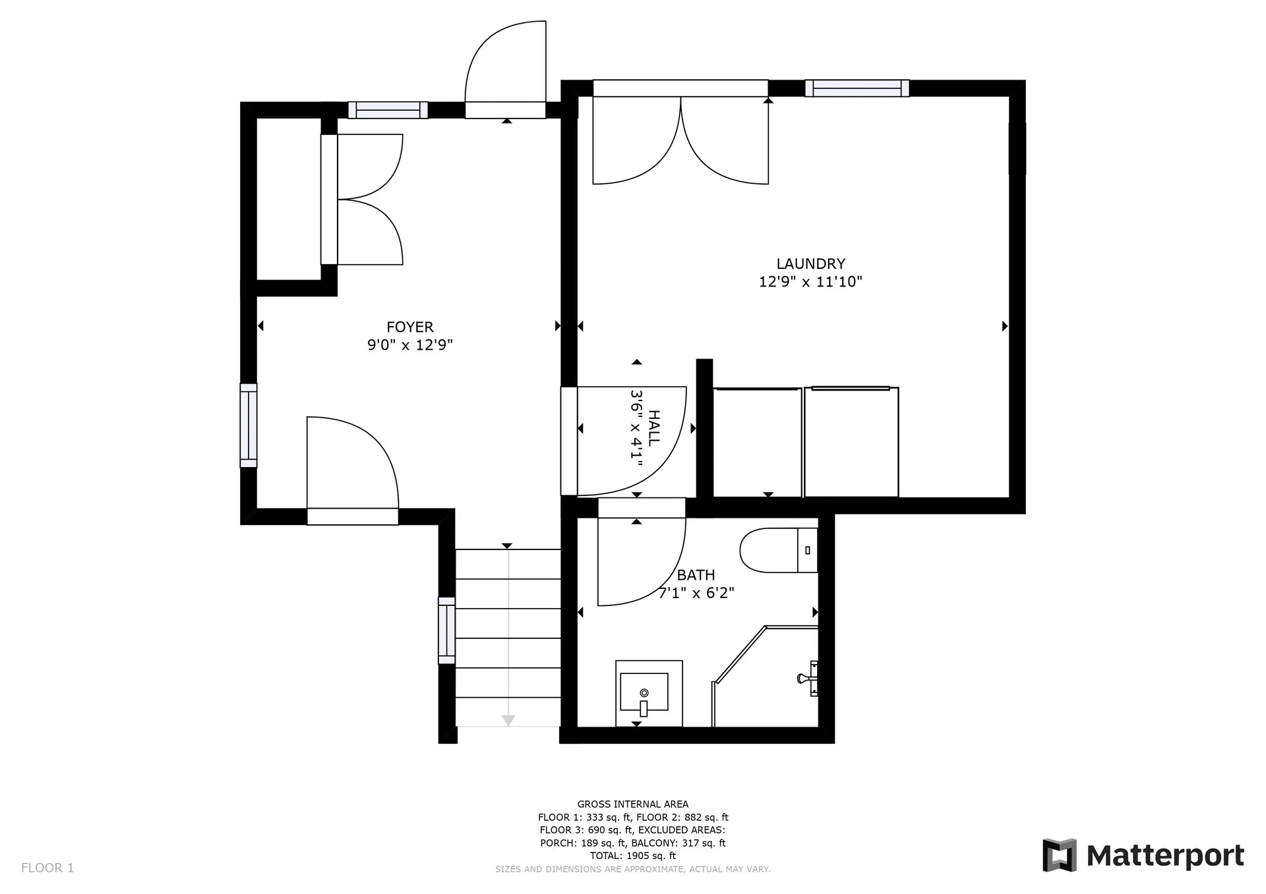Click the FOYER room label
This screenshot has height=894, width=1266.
410,327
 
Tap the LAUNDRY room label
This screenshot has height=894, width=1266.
810,264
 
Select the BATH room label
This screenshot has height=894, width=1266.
696,575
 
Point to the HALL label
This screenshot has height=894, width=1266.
654,428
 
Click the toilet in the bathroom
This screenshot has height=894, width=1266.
779,550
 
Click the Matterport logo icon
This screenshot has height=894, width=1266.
1059,855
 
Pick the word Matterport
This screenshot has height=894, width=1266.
1165,856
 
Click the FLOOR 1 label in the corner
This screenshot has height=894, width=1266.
47,868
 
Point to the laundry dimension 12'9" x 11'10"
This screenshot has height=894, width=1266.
810,282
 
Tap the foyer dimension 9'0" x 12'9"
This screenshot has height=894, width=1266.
410,345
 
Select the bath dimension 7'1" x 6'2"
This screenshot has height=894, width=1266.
697,593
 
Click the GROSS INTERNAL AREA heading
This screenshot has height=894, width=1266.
633,804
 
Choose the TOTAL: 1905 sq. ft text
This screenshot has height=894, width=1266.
633,856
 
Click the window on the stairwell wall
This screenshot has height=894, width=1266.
447,630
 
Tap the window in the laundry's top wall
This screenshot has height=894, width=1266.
857,88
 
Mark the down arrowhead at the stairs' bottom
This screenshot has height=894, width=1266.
508,720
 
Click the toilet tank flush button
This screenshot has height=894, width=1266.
808,550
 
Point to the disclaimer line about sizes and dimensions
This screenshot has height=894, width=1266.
633,870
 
